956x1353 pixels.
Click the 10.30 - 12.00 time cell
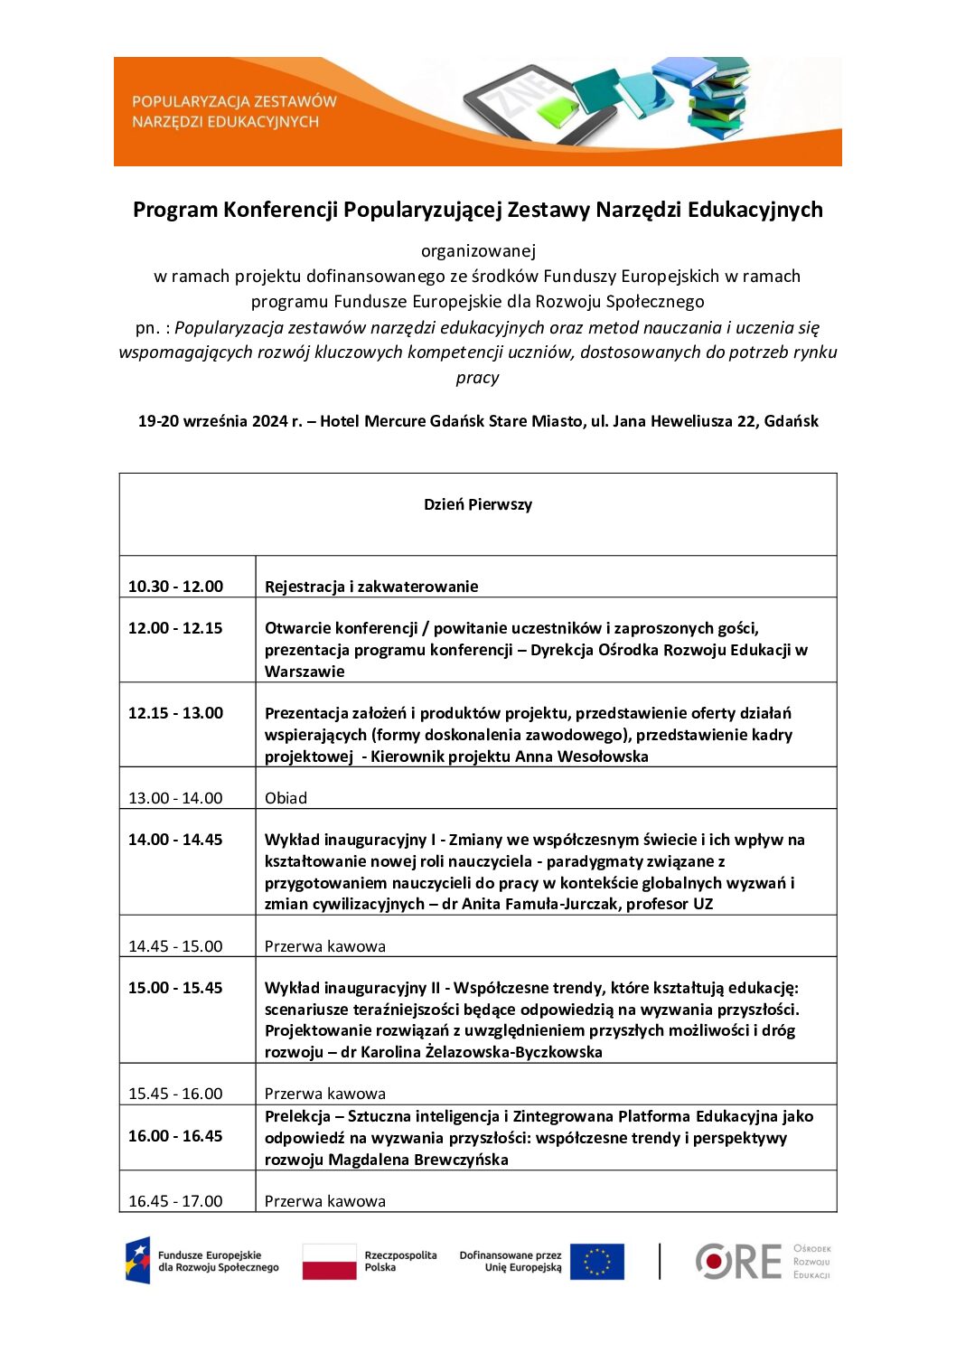click(175, 587)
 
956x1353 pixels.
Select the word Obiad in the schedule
click(286, 798)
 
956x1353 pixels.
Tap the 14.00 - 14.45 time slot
click(175, 840)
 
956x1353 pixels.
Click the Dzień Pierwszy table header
click(478, 504)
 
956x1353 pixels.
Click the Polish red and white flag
click(329, 1261)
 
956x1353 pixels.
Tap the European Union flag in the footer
click(596, 1262)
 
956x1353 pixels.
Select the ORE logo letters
click(739, 1262)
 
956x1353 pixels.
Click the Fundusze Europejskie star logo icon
click(137, 1261)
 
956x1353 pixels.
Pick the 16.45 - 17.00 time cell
click(175, 1201)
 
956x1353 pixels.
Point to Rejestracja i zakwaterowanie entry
click(371, 587)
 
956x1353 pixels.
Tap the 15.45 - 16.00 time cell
click(175, 1094)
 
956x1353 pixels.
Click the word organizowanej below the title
click(478, 251)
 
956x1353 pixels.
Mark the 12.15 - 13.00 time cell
click(175, 713)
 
